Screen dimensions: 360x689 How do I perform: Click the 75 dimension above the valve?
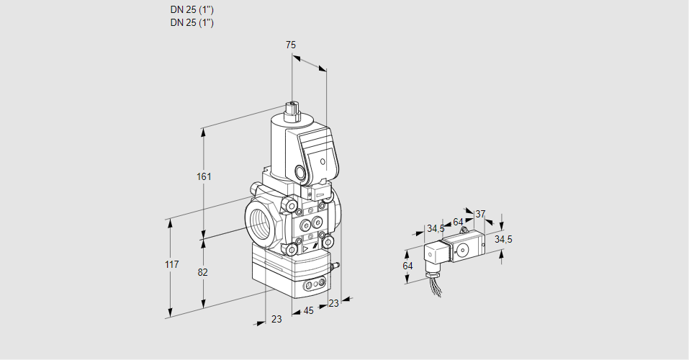point(291,45)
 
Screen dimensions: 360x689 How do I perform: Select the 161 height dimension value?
point(204,177)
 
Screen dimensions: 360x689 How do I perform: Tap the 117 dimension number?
point(171,265)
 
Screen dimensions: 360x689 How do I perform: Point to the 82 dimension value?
point(203,272)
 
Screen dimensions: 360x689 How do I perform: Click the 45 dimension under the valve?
point(308,311)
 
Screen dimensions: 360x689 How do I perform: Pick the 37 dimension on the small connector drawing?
point(480,214)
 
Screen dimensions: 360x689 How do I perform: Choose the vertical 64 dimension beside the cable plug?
point(407,266)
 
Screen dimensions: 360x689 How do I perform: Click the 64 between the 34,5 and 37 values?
point(458,221)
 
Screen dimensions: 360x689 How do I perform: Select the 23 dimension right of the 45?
point(333,303)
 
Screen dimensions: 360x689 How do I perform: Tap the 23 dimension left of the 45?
point(276,319)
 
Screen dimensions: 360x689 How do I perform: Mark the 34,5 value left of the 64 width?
point(436,229)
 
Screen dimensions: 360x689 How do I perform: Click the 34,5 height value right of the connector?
point(503,239)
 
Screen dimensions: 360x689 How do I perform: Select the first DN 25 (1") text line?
point(192,10)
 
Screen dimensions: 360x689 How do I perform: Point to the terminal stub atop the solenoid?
point(292,109)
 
